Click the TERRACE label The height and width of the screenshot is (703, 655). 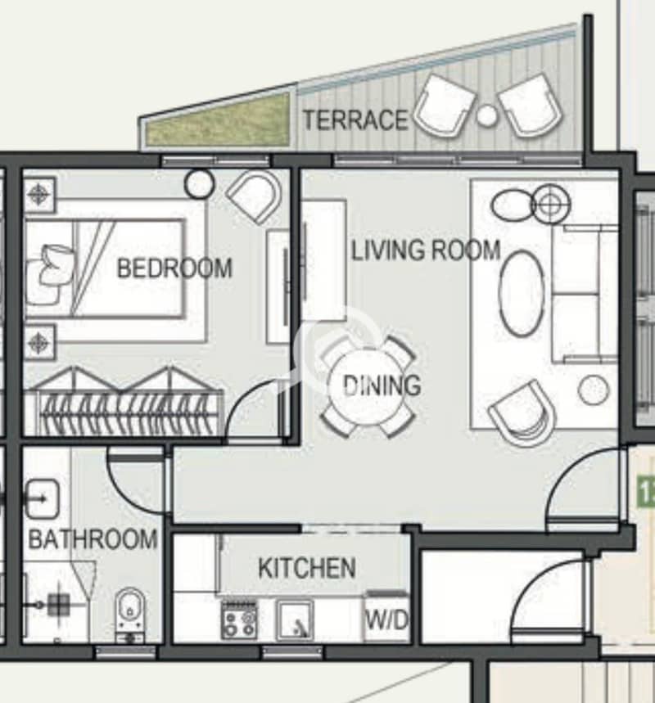click(x=355, y=119)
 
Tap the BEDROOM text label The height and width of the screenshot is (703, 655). click(x=174, y=268)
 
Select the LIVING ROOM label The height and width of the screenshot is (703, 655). click(x=425, y=250)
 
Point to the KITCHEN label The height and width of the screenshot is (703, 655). click(x=307, y=568)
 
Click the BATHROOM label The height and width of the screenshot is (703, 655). click(x=93, y=539)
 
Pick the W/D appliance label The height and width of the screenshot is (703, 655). click(x=386, y=620)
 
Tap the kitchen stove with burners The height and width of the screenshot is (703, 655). click(x=240, y=620)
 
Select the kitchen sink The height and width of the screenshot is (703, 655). click(x=295, y=620)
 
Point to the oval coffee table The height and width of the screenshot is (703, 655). click(x=522, y=293)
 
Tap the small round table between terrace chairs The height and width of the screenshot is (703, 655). click(x=486, y=115)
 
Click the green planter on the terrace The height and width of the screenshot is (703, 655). click(x=218, y=121)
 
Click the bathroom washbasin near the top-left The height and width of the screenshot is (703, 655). click(x=42, y=498)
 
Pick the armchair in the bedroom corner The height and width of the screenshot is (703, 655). click(x=255, y=196)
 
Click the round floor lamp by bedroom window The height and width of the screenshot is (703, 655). click(x=199, y=184)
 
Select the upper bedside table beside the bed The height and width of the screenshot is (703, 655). click(x=39, y=195)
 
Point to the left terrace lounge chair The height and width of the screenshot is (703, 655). click(x=443, y=106)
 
